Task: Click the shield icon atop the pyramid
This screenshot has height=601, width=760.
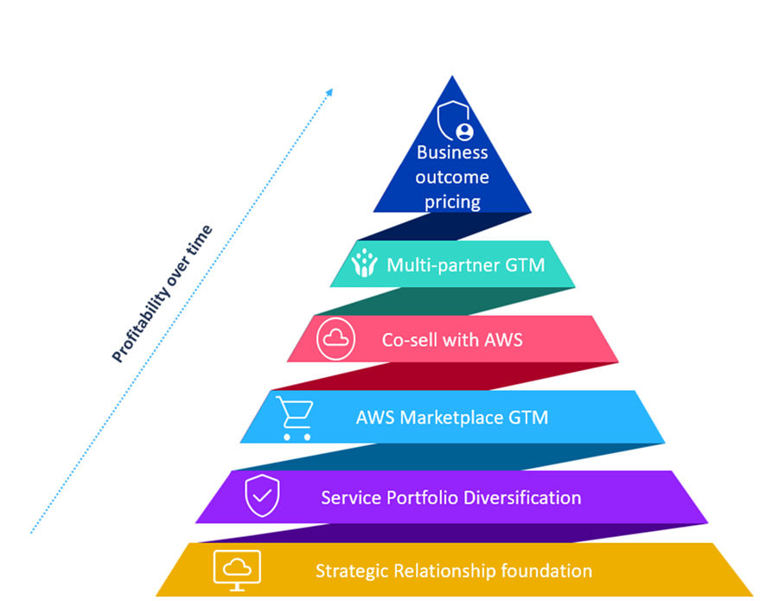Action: [455, 121]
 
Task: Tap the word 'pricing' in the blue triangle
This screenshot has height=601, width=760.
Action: [452, 201]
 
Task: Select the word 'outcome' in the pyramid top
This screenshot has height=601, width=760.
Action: [452, 176]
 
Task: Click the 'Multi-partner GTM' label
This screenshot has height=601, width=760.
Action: [466, 265]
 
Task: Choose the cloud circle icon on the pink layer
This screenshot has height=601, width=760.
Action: [335, 339]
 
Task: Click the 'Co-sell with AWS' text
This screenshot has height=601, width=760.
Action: [452, 340]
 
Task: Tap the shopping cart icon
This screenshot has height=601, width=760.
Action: [295, 418]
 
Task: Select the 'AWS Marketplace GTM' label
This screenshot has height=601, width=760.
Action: [452, 418]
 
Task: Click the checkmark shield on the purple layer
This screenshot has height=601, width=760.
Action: [262, 496]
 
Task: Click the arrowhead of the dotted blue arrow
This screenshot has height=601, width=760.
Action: [329, 91]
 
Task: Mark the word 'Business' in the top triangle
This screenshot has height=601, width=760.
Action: [452, 152]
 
